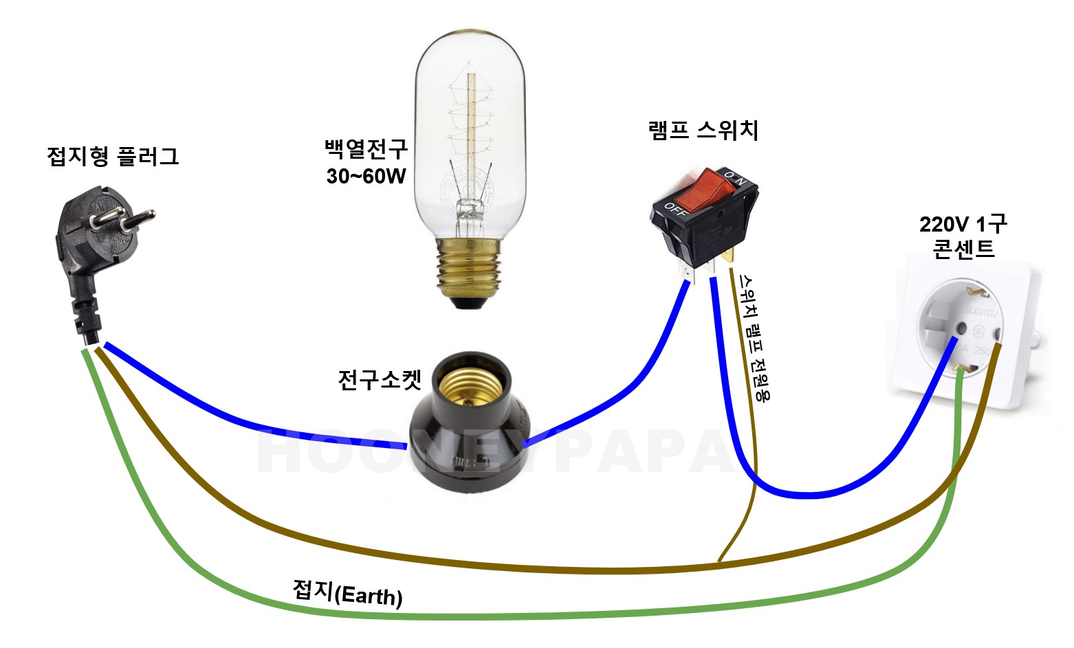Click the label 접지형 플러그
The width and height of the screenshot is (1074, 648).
coord(113,157)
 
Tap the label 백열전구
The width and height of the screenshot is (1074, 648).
coord(366,148)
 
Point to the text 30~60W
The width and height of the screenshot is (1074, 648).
coord(366,177)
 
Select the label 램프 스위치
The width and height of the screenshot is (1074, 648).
coord(703,130)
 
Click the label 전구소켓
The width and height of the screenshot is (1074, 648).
coord(379,379)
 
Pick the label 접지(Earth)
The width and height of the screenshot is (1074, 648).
coord(347,593)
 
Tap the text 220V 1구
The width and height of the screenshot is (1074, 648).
coord(963,224)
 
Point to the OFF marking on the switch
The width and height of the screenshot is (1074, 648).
coord(676,210)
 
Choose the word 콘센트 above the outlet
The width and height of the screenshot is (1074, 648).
coord(963,249)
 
